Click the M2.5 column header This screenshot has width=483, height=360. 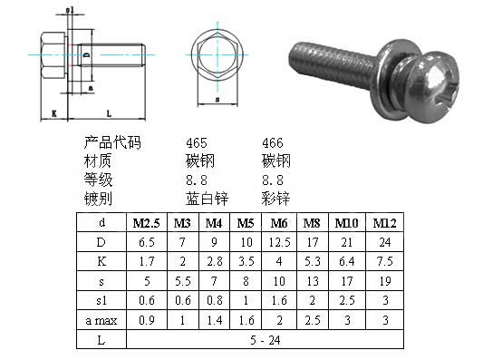tap(146, 223)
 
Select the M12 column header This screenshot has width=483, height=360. tap(384, 223)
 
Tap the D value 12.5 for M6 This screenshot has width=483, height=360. tap(279, 242)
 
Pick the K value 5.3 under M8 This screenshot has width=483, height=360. tap(313, 262)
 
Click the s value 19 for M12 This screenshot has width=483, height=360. tap(385, 281)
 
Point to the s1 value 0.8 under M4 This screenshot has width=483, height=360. tap(215, 300)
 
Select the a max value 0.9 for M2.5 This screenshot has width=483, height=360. tap(147, 320)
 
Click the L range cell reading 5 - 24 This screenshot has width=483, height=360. tap(266, 340)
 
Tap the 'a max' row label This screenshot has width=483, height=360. tap(101, 320)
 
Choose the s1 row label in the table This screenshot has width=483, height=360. tap(101, 300)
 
